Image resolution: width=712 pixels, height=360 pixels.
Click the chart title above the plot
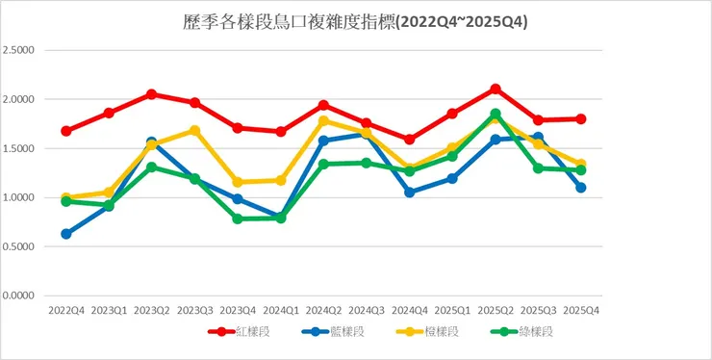[x=355, y=20]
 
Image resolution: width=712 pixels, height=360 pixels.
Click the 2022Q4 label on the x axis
[x=65, y=311]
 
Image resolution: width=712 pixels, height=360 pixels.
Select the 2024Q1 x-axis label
[x=281, y=311]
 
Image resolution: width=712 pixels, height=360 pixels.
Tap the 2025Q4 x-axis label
[x=581, y=311]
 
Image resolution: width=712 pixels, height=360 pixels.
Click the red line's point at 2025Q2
[x=496, y=90]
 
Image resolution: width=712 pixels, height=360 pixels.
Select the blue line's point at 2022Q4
[x=65, y=234]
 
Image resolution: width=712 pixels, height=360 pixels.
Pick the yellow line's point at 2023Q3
[x=194, y=131]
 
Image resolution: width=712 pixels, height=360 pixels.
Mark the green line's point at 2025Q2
[x=496, y=114]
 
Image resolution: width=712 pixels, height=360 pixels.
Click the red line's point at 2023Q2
[x=152, y=94]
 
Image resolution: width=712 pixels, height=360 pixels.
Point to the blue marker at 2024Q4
[x=409, y=193]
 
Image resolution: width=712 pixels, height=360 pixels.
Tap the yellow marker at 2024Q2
[x=324, y=121]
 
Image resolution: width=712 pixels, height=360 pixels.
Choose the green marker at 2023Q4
[x=238, y=219]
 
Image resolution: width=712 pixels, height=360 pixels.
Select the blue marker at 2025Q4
[x=581, y=188]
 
